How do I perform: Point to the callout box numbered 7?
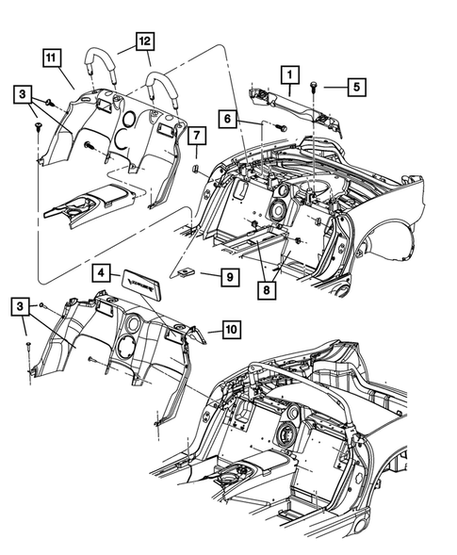tap(195, 139)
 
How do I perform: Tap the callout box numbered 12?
tap(143, 42)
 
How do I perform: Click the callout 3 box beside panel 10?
tap(22, 307)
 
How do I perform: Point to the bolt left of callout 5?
tap(312, 86)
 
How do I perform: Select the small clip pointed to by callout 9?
tap(185, 272)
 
